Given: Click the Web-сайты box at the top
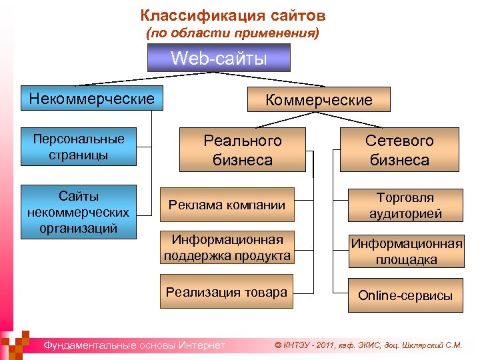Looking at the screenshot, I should coord(219,58).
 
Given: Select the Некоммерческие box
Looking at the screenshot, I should coord(91,100).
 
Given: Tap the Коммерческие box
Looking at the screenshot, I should coord(319,100).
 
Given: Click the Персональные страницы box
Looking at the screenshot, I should coord(79,147).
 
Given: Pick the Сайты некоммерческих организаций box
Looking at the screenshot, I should coord(79,211).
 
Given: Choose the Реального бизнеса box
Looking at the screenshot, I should coord(243,150).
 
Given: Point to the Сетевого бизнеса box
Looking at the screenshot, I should coord(399,150).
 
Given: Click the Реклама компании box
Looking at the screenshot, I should coord(227,206).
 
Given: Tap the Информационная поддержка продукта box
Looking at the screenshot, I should coord(227,247).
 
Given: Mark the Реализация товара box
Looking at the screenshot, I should coord(227,292).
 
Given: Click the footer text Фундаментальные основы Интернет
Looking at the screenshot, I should coord(134,345).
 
